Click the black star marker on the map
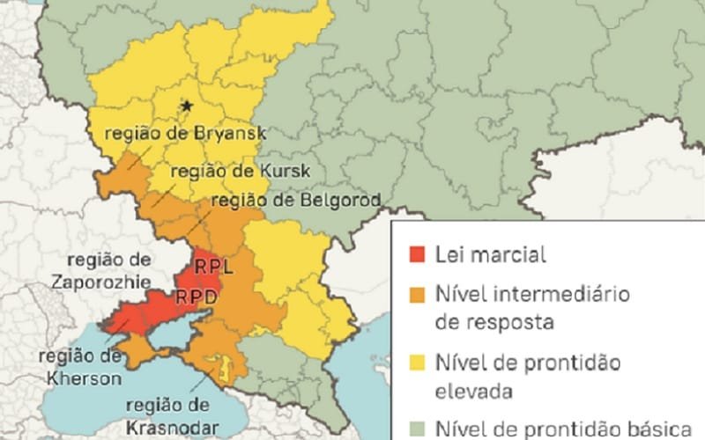186,106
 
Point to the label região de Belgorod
296,201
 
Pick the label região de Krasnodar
169,415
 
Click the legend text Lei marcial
490,255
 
